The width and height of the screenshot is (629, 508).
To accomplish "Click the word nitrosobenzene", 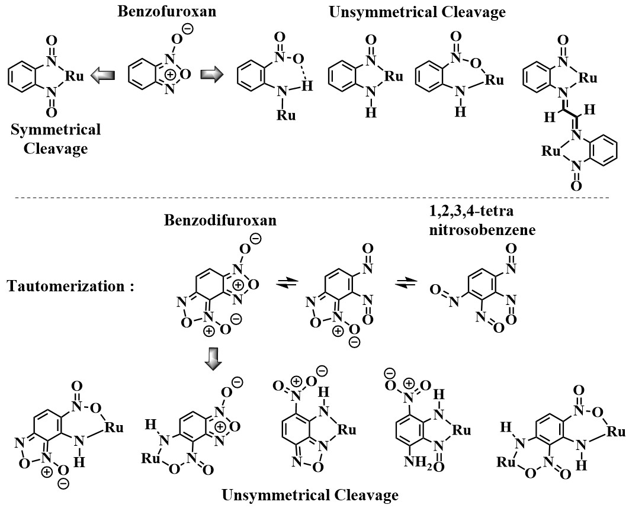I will pyautogui.click(x=483, y=230).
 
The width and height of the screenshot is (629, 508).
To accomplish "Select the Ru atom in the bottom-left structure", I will pyautogui.click(x=114, y=429).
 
